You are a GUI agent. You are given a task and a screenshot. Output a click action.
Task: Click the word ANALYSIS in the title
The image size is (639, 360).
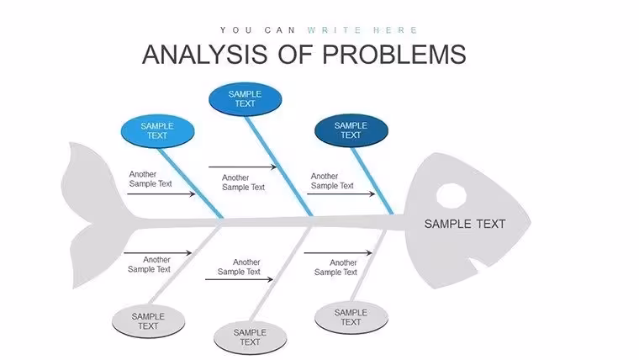(x=204, y=55)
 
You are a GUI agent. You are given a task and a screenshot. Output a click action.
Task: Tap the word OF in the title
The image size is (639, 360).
(x=295, y=55)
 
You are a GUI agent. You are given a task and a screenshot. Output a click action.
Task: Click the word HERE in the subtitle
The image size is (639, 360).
(x=395, y=30)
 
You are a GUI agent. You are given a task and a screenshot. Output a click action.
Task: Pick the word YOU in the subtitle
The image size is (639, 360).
(x=236, y=30)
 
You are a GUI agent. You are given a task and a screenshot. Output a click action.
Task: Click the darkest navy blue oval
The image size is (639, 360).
(x=351, y=130)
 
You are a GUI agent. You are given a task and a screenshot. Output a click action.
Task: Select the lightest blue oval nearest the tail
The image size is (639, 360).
(x=157, y=131)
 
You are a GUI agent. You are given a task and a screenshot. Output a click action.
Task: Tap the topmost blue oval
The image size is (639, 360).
(x=245, y=99)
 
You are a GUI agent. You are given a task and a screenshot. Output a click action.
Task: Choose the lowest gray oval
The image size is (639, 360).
(x=251, y=337)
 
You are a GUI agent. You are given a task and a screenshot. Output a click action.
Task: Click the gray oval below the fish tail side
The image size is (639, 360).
(x=148, y=321)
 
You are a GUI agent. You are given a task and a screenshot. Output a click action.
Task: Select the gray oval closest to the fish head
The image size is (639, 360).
(x=351, y=318)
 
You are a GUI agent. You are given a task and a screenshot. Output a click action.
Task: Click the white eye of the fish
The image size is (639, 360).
(x=452, y=196)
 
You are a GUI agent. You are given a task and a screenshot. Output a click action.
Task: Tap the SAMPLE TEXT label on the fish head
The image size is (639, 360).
(x=465, y=224)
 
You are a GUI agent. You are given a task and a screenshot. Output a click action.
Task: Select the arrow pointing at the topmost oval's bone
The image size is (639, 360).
(x=242, y=167)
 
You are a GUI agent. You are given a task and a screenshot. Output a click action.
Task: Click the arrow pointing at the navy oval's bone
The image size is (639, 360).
(x=341, y=193)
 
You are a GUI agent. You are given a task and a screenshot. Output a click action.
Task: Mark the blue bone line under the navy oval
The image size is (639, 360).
(x=372, y=181)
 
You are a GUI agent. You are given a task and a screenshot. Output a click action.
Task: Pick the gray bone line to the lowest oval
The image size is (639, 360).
(x=280, y=274)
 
